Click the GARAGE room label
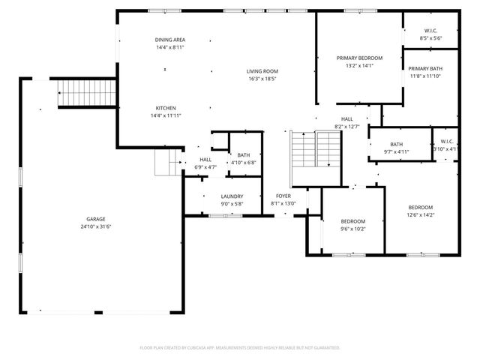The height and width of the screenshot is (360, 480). tap(95, 220)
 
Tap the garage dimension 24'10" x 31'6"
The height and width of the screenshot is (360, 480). tap(95, 227)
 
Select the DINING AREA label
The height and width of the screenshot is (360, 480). tap(170, 40)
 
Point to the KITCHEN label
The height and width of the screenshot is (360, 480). tap(166, 108)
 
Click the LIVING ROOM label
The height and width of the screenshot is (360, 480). tap(262, 71)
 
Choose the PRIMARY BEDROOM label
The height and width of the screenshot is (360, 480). tap(359, 58)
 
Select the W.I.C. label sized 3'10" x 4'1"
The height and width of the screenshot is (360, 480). tap(447, 141)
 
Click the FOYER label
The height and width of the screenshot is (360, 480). tap(283, 196)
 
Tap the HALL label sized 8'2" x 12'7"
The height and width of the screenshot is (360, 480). tap(347, 119)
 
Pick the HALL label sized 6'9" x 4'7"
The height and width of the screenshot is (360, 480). tap(205, 160)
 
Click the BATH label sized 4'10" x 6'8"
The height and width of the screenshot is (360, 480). tap(244, 155)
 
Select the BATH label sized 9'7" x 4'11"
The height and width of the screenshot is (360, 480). tap(397, 145)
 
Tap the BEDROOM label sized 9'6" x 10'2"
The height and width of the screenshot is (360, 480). tap(352, 221)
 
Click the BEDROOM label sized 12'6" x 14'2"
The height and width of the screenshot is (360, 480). tap(420, 208)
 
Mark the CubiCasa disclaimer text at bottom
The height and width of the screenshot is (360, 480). tap(240, 348)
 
